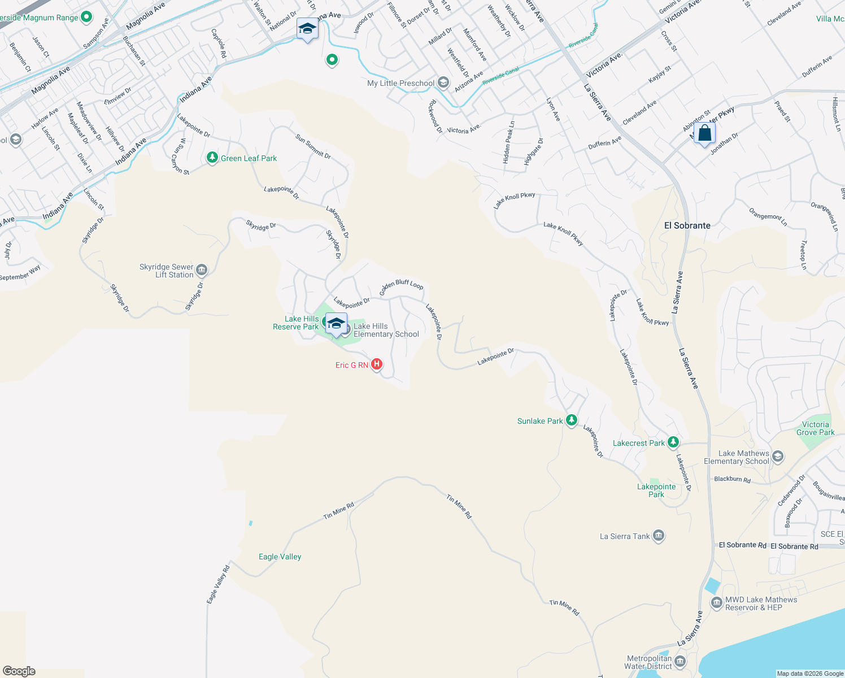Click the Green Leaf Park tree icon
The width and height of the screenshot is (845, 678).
click(x=212, y=158)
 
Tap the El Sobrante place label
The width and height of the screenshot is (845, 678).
click(x=687, y=225)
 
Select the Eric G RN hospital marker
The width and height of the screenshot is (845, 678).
click(x=377, y=364)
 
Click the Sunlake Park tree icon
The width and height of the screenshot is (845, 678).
click(x=572, y=420)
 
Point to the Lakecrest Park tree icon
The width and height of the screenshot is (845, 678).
click(x=673, y=442)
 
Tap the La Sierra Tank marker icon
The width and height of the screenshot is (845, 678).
click(x=659, y=536)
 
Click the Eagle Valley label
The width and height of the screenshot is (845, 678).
click(x=280, y=557)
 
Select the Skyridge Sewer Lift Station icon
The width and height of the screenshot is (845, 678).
click(x=202, y=270)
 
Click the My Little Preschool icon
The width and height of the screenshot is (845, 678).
click(x=443, y=83)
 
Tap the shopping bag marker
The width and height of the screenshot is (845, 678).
click(x=704, y=134)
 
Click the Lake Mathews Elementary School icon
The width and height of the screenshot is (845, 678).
click(x=778, y=457)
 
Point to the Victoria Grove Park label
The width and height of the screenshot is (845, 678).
click(x=815, y=428)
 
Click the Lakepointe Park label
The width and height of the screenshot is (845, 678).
click(x=656, y=490)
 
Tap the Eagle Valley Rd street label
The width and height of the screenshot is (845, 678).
click(x=219, y=584)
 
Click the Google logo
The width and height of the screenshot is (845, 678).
click(x=19, y=671)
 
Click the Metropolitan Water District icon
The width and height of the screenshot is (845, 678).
click(x=681, y=661)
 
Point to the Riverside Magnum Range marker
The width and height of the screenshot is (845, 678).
click(x=86, y=18)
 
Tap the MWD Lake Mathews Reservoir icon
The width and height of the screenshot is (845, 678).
click(x=717, y=603)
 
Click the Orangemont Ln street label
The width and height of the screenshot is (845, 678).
click(x=768, y=216)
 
